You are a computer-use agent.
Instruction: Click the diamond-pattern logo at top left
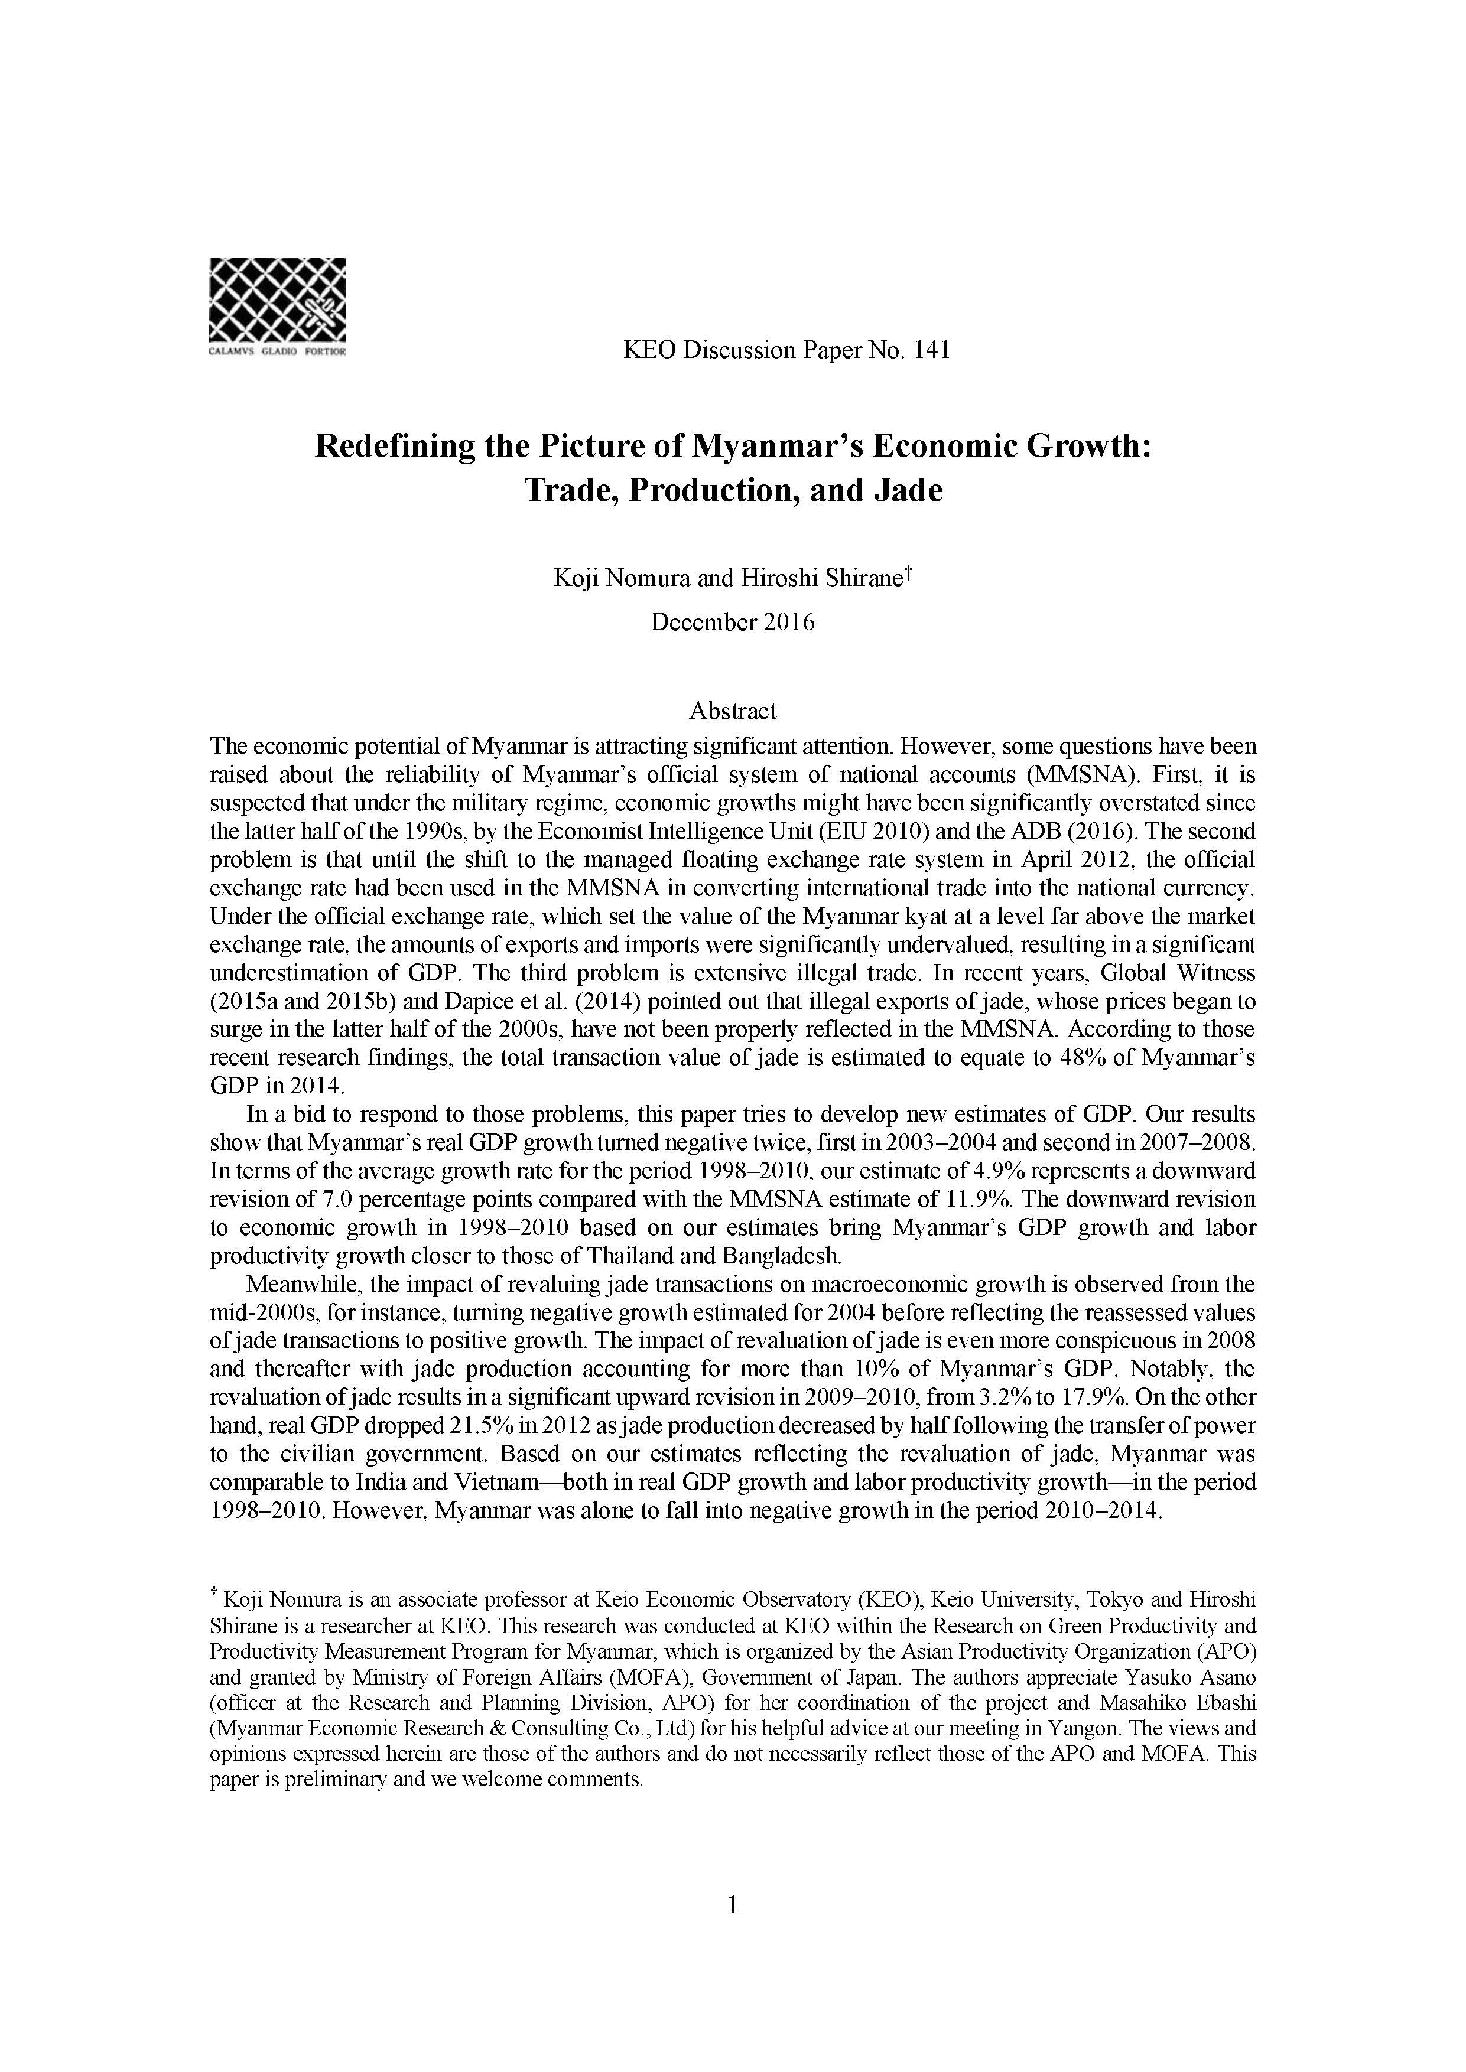point(277,299)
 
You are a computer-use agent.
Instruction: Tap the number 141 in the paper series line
point(932,350)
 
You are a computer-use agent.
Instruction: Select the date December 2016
point(732,623)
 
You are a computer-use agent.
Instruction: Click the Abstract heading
point(732,711)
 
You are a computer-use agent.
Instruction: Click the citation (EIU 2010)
point(924,831)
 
